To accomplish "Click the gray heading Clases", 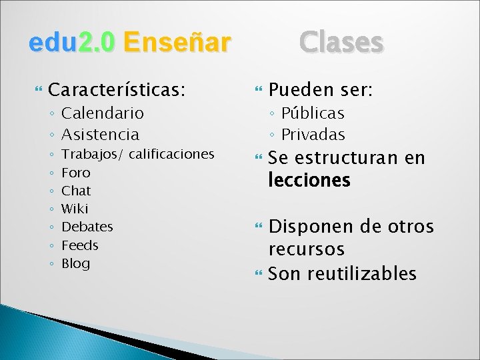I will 341,42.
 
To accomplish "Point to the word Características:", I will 117,89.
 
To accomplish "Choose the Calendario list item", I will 102,113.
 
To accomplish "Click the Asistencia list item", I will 100,134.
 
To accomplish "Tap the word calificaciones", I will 171,155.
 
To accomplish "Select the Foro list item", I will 75,173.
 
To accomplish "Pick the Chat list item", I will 75,191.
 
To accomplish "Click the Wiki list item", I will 75,209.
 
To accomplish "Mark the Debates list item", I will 87,227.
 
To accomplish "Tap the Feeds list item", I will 79,245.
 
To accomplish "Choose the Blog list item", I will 75,263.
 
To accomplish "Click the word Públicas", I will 313,113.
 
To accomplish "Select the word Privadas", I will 313,134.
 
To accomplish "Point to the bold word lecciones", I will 309,181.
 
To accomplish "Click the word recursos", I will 306,249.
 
